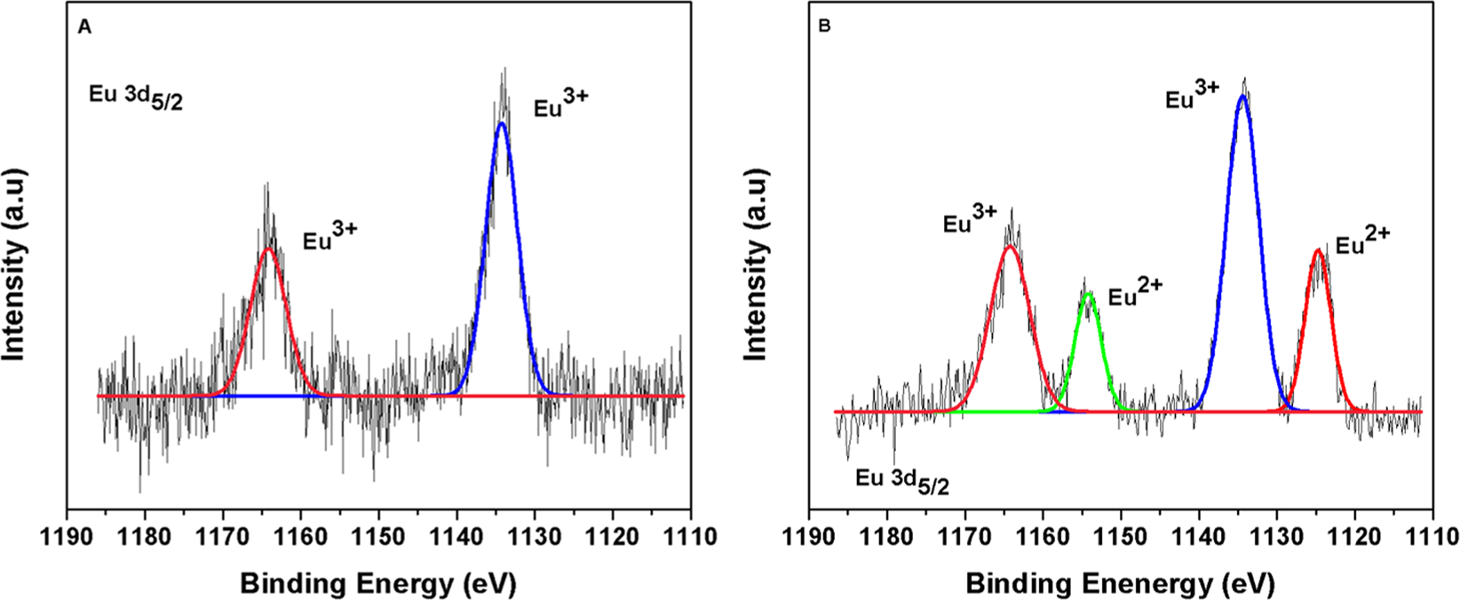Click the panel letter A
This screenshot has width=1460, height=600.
(x=84, y=28)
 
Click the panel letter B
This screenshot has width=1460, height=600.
(x=824, y=28)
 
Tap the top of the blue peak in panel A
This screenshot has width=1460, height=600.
(x=502, y=123)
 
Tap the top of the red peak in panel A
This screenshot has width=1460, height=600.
(x=268, y=249)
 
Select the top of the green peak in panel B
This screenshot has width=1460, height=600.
(x=1089, y=293)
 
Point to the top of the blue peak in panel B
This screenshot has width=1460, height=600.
(x=1243, y=96)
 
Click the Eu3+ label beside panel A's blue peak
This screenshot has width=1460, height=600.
(x=559, y=107)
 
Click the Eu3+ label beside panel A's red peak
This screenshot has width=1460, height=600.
(x=330, y=239)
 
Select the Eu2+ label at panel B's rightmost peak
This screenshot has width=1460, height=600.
(x=1363, y=242)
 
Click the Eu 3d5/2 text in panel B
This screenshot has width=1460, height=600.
(x=901, y=482)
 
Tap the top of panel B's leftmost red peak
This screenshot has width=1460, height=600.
(x=1010, y=247)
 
